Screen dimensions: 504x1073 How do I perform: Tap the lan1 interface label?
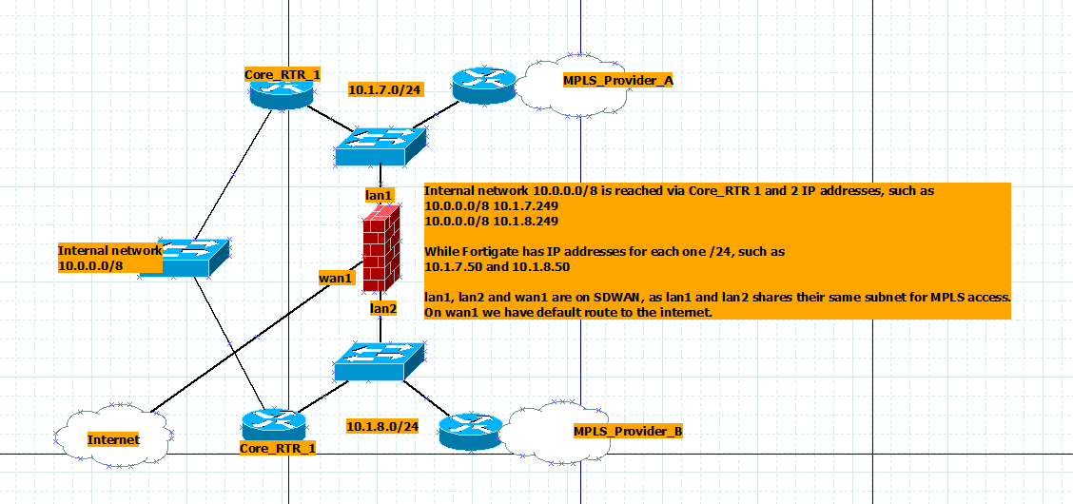pos(380,195)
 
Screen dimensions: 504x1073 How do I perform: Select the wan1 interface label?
pos(337,278)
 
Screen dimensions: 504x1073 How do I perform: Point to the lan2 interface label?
pos(383,308)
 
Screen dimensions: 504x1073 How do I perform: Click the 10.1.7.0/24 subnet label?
pos(384,89)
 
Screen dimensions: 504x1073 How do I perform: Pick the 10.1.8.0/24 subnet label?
pos(382,426)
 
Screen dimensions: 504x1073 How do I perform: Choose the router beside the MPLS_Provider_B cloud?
pos(470,430)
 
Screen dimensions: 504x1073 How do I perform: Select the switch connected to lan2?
pos(380,361)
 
